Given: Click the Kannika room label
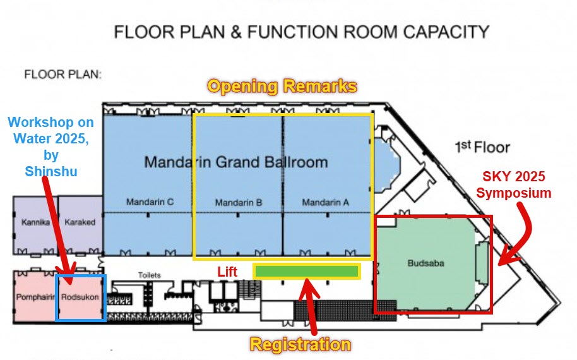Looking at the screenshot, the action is (36, 222).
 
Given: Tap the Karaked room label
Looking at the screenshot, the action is (80, 222).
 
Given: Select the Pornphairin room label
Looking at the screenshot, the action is (35, 297).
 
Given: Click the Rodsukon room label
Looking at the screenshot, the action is (80, 297).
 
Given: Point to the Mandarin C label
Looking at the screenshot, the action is (150, 201).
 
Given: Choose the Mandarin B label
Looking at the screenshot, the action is (239, 203).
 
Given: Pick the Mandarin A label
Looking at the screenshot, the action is (325, 202).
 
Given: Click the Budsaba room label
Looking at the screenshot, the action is (425, 263).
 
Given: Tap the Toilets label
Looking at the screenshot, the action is (150, 275).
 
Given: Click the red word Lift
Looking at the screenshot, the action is (227, 272).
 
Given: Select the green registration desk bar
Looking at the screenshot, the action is (307, 272).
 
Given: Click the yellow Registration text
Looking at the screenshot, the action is (300, 345).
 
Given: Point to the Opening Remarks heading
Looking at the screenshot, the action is (282, 86).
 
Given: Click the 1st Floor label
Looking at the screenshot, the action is (482, 147).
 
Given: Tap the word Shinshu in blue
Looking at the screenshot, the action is (51, 171).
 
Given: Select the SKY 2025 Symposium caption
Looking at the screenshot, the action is (514, 185).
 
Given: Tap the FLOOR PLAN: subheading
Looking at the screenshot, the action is (62, 75).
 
